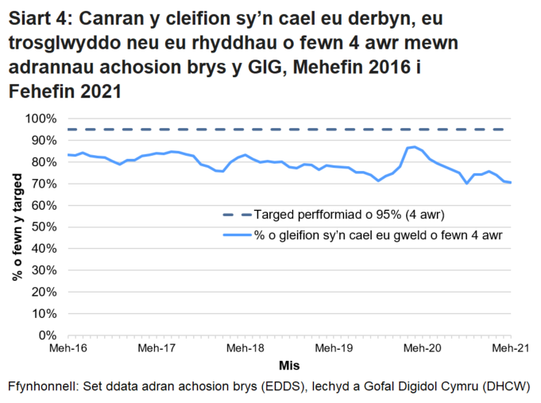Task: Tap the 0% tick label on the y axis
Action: click(48, 335)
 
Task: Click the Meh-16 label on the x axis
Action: click(67, 348)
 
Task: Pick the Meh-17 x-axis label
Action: click(155, 348)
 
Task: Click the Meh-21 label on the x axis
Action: click(509, 348)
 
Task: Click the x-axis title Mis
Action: click(288, 366)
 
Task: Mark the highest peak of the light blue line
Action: click(415, 146)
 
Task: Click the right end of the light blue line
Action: click(510, 183)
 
